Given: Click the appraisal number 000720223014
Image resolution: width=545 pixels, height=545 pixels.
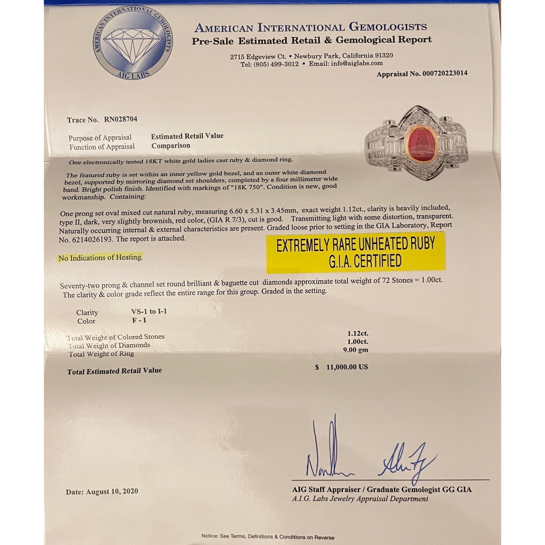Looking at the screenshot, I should tap(444, 74).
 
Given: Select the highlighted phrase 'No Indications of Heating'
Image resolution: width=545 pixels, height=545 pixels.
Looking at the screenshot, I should tap(100, 258).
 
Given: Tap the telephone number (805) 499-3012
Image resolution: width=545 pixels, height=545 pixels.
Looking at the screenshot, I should tap(276, 64).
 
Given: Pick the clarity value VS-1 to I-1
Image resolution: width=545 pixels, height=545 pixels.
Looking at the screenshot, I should tap(149, 312).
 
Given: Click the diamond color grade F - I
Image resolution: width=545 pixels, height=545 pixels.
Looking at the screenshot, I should tap(139, 321).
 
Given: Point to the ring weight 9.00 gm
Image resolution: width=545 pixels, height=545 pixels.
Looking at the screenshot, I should tap(355, 350).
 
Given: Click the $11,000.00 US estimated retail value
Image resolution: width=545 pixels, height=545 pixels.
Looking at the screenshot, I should tap(347, 367).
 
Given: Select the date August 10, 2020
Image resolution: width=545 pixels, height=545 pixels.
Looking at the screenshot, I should tap(112, 491).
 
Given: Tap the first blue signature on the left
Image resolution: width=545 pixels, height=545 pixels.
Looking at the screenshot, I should tap(328, 453).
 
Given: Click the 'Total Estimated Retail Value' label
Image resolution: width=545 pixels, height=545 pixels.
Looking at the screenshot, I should tap(114, 371).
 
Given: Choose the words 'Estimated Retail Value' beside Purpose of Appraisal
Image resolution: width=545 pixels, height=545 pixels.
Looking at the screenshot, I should tap(187, 136).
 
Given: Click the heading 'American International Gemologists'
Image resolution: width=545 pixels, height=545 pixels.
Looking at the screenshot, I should tap(310, 28).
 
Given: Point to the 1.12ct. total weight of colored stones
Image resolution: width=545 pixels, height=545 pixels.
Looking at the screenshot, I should tap(358, 333).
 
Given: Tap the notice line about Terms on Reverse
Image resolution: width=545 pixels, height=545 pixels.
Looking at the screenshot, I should tap(267, 537).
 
